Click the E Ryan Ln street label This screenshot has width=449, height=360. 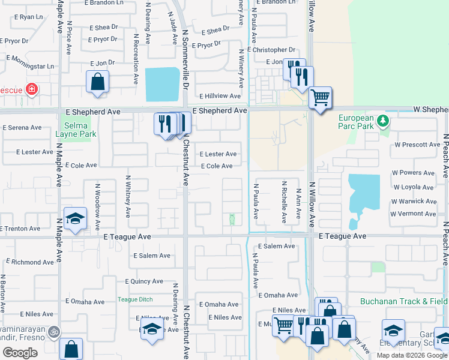[27, 17]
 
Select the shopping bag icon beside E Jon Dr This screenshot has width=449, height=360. [97, 82]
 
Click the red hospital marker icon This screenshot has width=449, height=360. [31, 90]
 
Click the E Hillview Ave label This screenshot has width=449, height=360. [220, 96]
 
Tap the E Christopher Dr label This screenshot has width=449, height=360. [271, 50]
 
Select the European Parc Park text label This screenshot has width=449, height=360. [360, 123]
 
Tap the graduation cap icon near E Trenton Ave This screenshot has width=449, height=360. [76, 219]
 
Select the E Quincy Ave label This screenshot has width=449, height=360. [143, 281]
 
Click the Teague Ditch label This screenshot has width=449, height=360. [134, 299]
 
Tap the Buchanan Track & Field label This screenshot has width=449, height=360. [404, 301]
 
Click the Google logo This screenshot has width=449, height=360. [20, 353]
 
